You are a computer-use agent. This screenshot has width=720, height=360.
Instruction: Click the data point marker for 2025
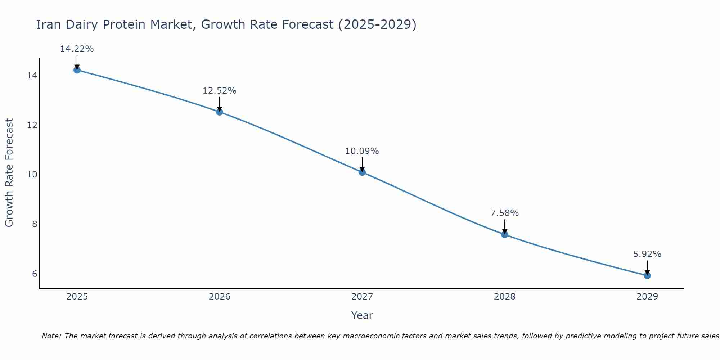77,70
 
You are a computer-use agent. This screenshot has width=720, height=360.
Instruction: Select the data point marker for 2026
219,112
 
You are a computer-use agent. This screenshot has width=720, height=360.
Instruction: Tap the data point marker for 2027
362,172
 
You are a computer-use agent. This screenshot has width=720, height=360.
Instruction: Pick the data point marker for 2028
504,234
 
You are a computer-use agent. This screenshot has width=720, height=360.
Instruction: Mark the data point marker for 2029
647,275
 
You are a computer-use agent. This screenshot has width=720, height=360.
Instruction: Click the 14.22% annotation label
77,49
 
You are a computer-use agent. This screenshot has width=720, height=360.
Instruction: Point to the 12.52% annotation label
219,91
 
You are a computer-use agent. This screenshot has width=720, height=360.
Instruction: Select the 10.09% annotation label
362,151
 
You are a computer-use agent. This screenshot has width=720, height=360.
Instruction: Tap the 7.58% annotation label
504,213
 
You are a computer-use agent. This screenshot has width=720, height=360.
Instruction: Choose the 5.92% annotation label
647,254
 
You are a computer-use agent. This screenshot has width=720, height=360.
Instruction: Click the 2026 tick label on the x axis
219,297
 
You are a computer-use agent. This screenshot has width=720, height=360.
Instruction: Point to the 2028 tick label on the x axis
504,297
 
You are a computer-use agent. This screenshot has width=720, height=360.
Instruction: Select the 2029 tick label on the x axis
647,297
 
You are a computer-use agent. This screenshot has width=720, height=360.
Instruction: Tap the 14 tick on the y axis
32,76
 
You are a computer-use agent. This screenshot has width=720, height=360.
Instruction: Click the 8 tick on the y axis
35,224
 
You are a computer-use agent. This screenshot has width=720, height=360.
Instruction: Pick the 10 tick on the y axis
32,175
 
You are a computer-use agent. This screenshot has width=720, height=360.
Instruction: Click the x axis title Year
362,315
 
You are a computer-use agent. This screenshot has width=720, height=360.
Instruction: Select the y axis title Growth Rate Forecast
9,173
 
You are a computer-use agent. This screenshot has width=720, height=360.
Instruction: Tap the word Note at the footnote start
51,336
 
